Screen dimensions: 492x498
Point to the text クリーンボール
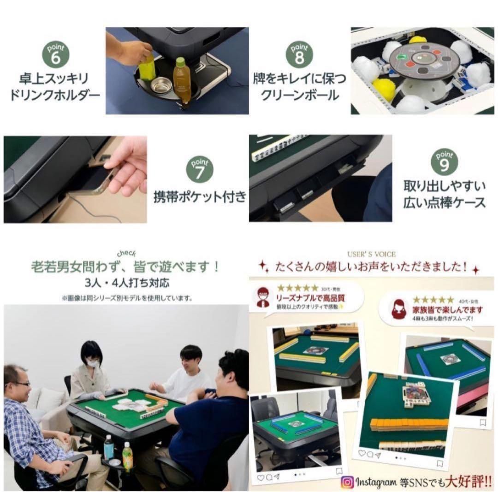tap(300, 95)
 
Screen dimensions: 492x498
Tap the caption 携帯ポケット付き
tap(200, 197)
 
